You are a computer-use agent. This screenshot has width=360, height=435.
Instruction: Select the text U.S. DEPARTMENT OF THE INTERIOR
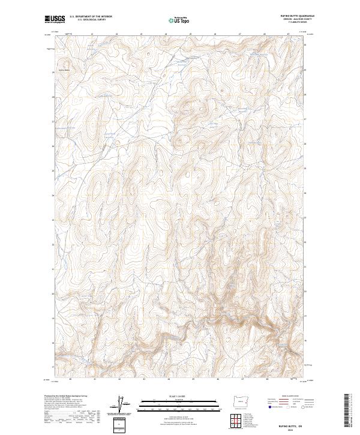click(x=92, y=17)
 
